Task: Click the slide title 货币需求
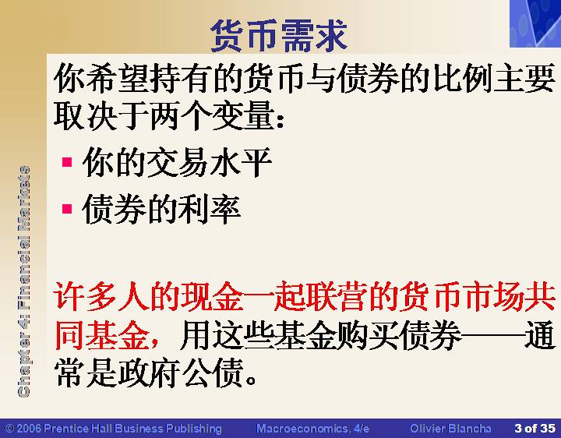(279, 36)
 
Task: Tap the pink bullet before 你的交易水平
(67, 162)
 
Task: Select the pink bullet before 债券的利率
(67, 208)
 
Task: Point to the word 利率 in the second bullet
(209, 209)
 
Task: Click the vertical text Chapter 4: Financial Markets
(23, 281)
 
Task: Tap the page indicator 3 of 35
(535, 428)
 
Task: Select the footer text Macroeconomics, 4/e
(312, 429)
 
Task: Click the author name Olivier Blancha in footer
(450, 429)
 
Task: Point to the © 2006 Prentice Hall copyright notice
(114, 429)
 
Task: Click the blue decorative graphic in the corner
(535, 23)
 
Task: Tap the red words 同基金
(102, 335)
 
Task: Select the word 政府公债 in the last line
(181, 373)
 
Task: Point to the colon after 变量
(280, 118)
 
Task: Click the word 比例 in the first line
(463, 78)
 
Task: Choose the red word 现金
(212, 297)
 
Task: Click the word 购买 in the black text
(368, 335)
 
